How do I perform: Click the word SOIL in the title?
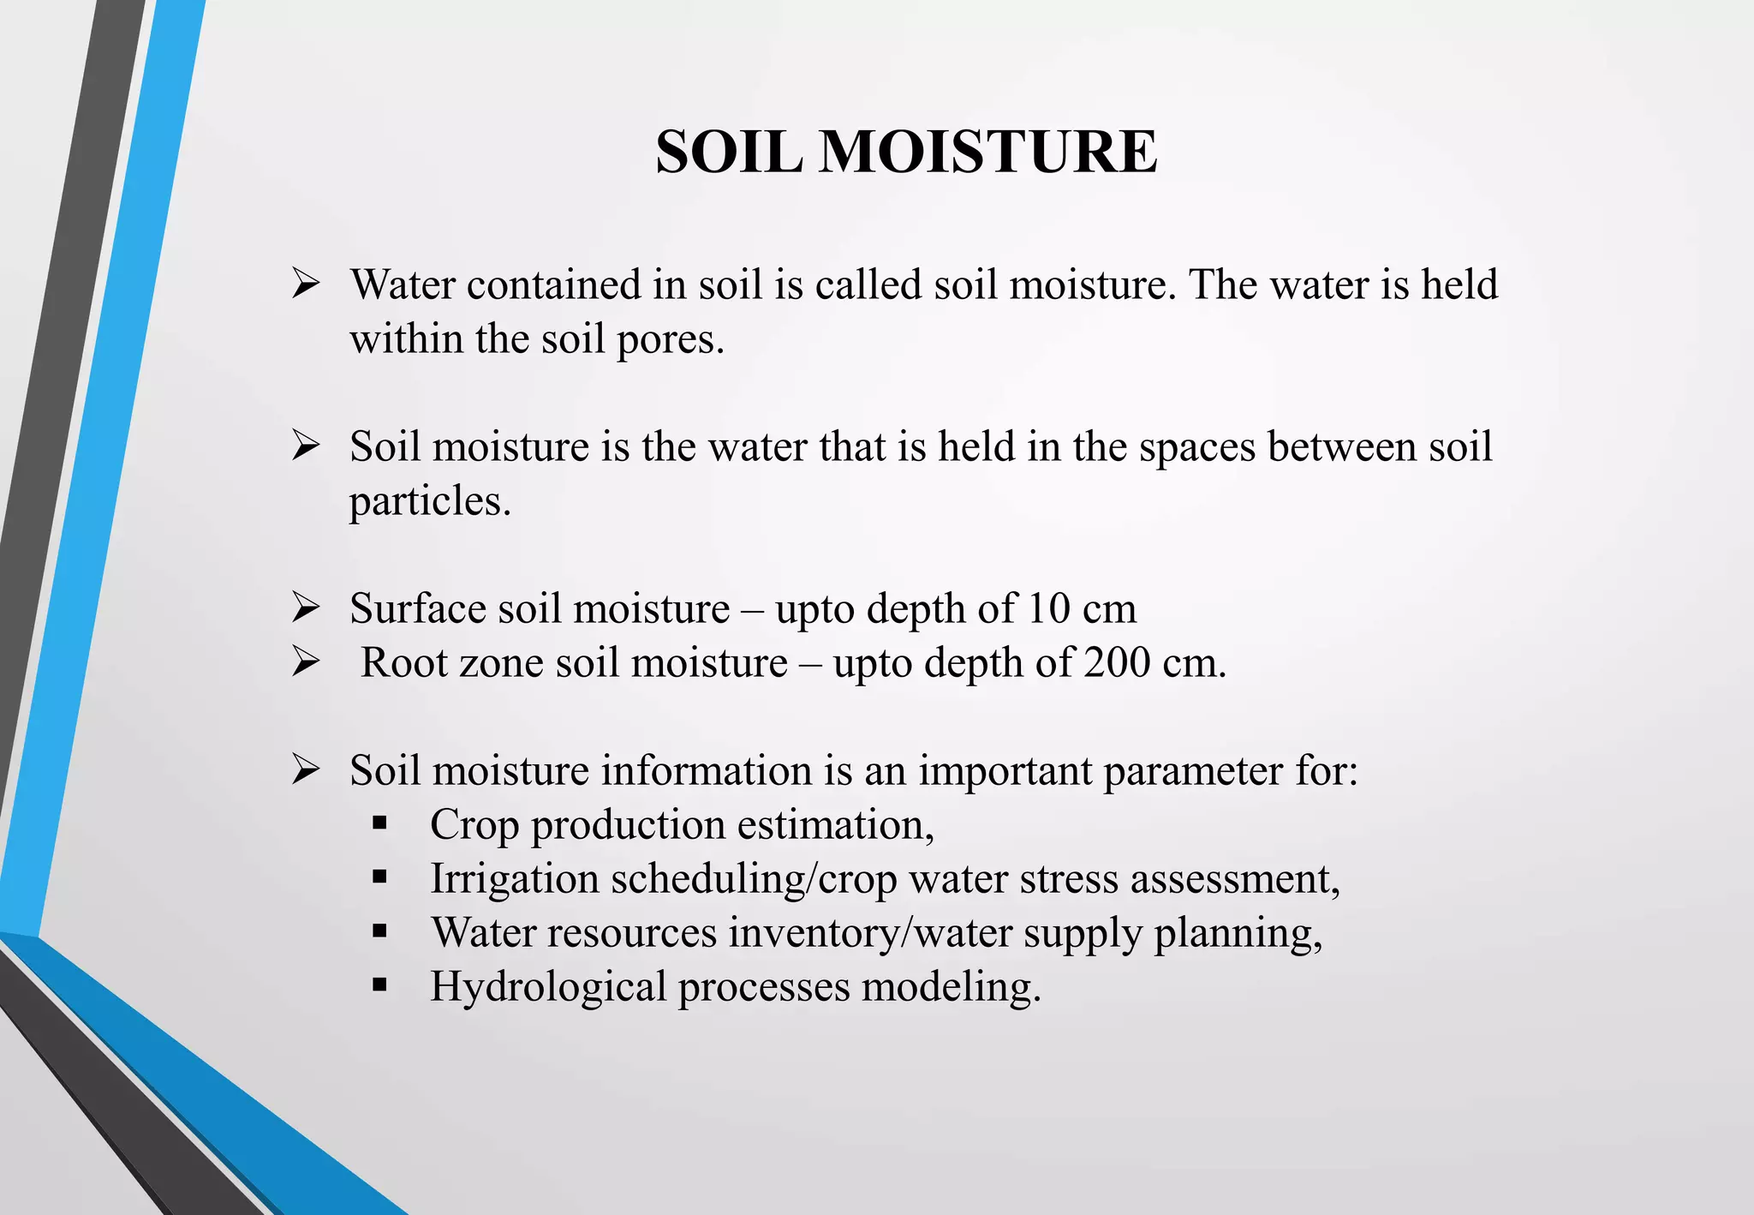[x=729, y=152]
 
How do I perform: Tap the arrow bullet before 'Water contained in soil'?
[x=305, y=284]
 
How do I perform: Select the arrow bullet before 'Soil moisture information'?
[x=305, y=769]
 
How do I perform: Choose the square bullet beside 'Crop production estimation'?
[x=380, y=824]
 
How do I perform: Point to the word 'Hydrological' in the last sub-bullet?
[x=548, y=986]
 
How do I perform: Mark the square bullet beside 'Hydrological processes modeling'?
[x=380, y=986]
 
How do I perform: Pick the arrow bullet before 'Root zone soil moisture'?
[x=305, y=661]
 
